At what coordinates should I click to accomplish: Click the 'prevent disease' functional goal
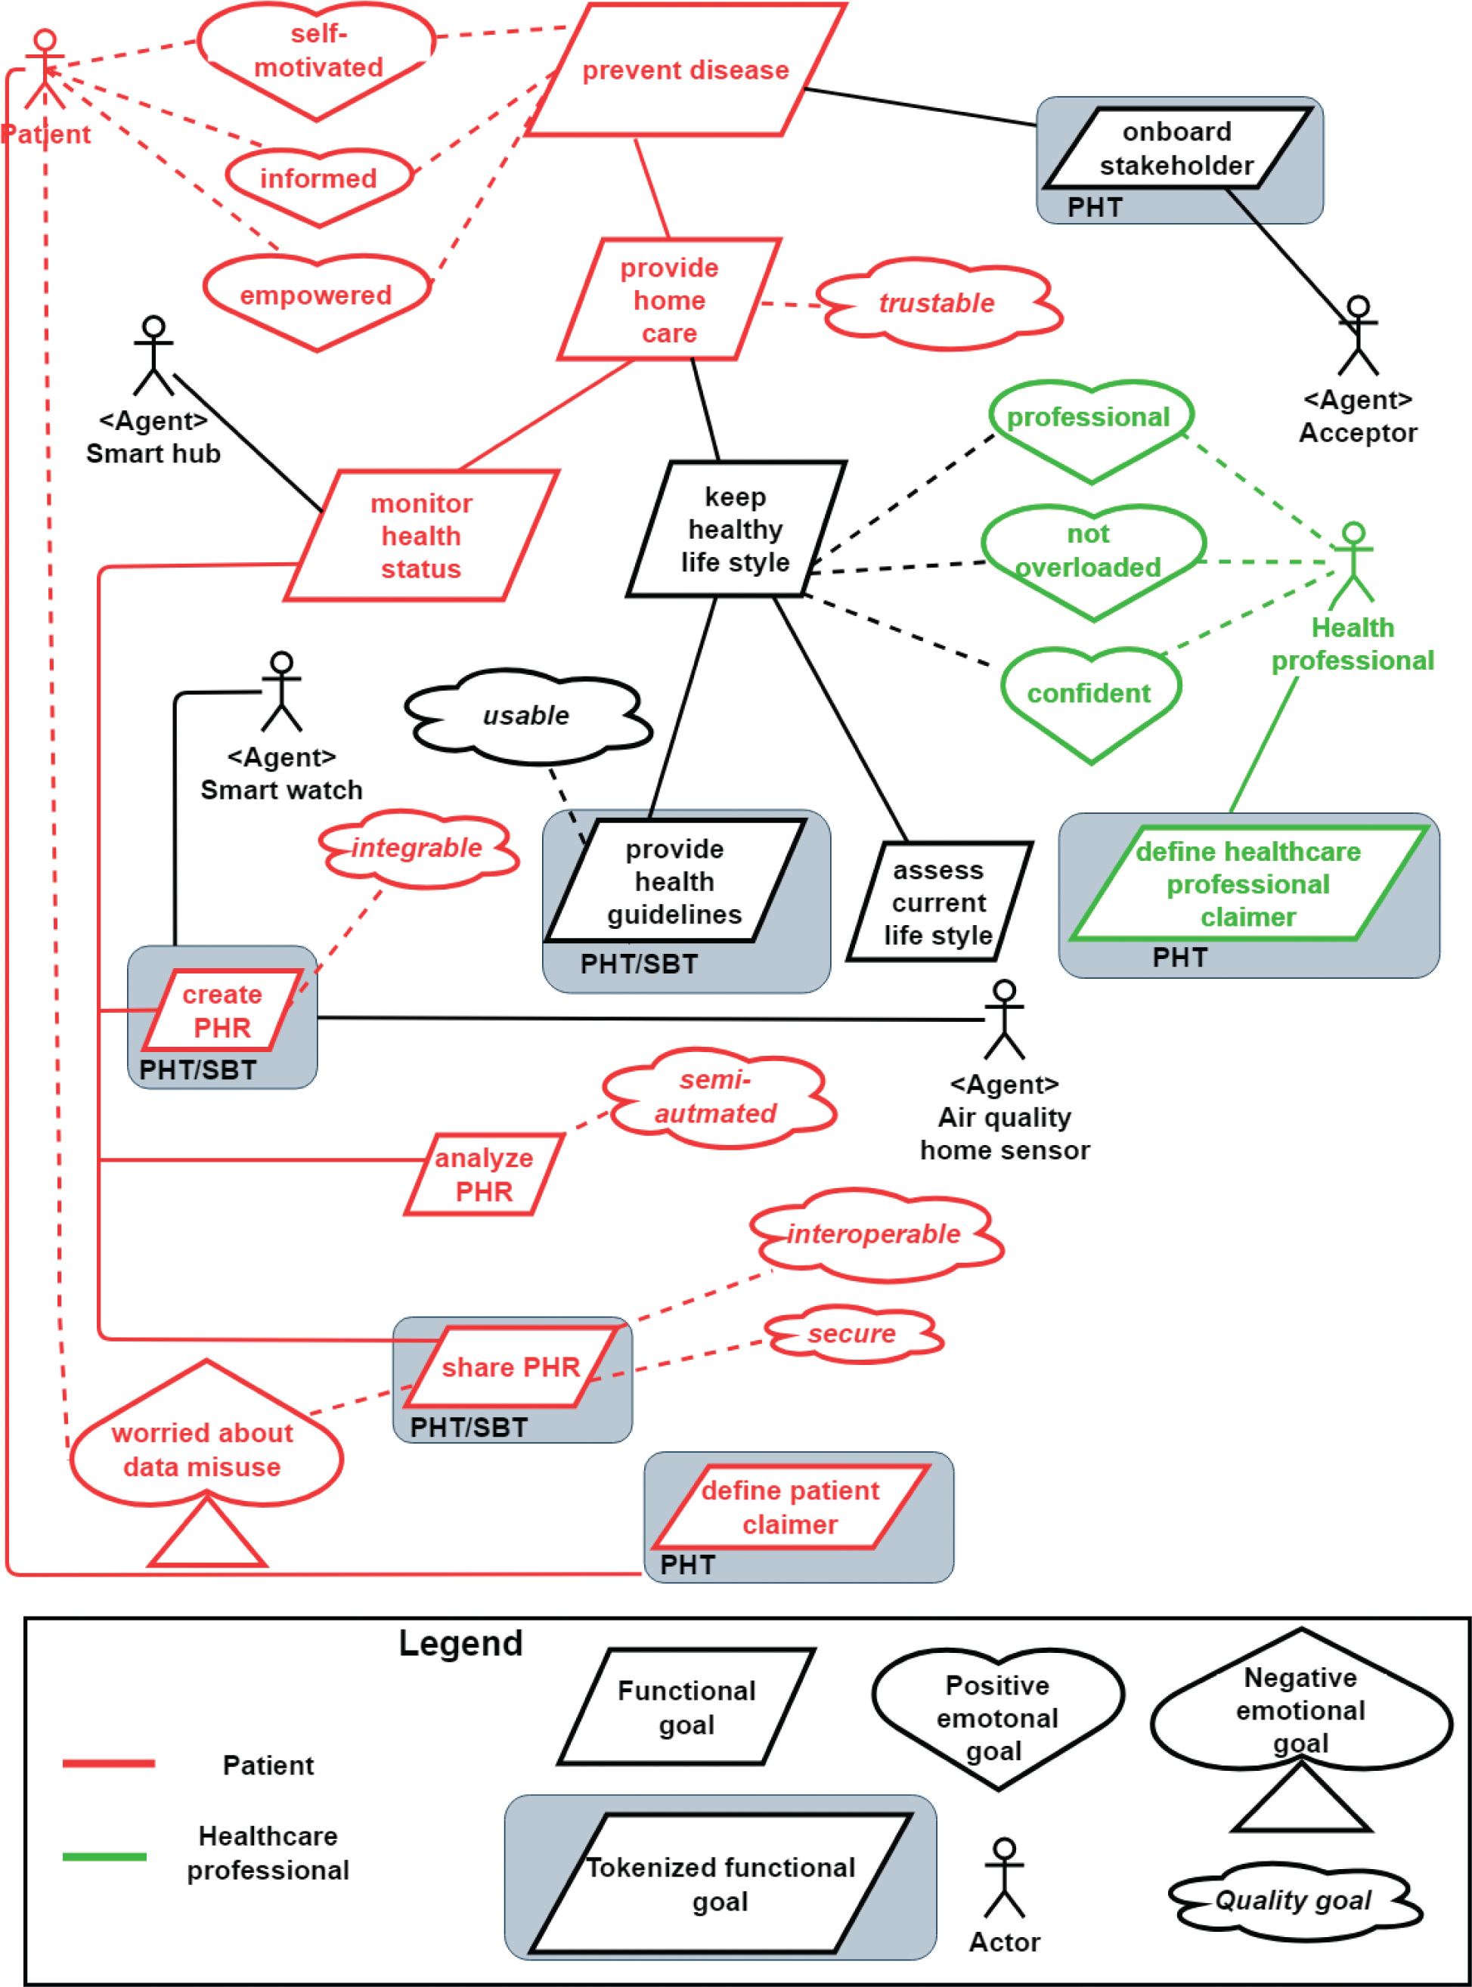point(685,70)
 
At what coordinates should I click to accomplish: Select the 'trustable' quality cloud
point(937,303)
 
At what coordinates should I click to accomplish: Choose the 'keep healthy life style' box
point(735,529)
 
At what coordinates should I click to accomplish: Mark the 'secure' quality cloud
point(853,1333)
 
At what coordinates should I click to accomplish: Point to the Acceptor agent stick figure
point(1357,336)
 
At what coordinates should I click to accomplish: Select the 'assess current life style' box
point(938,902)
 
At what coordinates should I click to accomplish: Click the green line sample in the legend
point(104,1857)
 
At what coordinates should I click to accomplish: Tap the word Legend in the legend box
point(460,1644)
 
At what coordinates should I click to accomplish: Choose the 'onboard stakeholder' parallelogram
point(1176,148)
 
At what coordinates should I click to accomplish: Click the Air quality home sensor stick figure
point(1004,1020)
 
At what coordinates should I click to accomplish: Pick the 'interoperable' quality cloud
point(874,1234)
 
